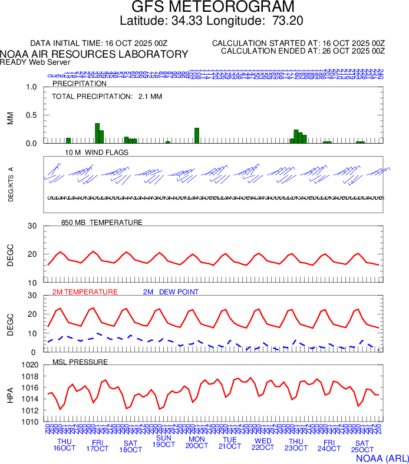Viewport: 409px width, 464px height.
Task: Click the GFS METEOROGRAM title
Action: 212,8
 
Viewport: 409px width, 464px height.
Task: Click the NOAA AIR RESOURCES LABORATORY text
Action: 94,54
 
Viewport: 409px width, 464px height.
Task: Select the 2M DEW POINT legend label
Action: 171,292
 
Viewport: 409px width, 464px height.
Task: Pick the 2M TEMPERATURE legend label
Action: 85,292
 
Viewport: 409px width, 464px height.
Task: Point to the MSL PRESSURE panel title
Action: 80,362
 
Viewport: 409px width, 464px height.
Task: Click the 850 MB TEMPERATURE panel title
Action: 101,223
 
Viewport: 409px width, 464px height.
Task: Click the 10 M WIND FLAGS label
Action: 96,153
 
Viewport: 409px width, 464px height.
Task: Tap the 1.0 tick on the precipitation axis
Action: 31,87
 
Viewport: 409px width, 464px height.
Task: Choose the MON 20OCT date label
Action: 197,443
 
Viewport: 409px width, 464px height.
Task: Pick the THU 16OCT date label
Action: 65,445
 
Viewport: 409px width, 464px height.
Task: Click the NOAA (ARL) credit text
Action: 382,457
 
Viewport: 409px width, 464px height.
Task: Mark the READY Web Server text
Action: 35,62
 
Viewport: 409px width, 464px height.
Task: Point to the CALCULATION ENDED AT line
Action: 302,51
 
